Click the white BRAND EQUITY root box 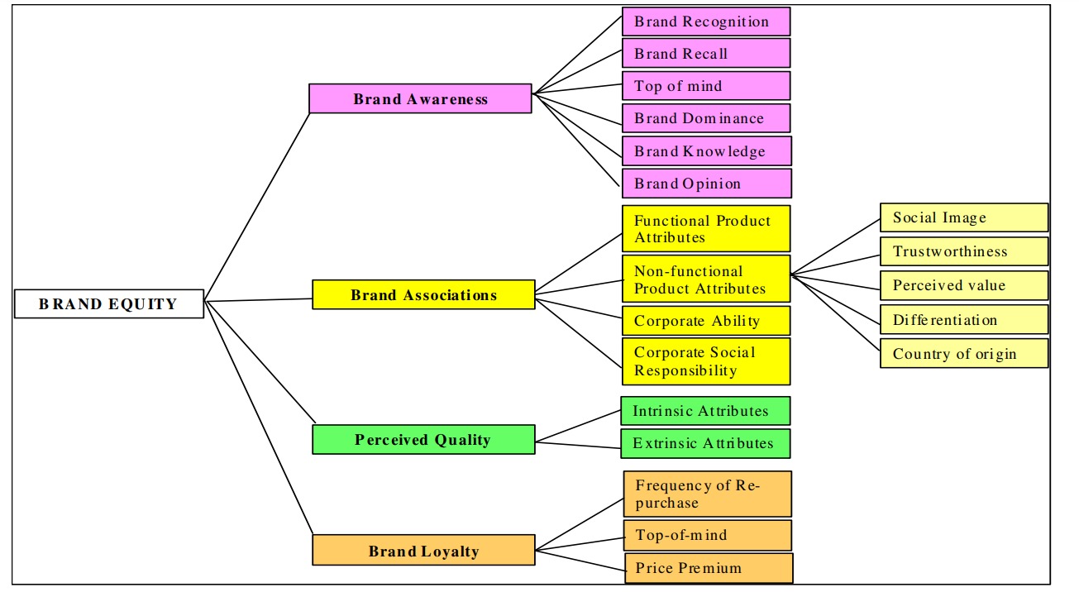[109, 303]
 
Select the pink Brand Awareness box [420, 98]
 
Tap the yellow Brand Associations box [423, 294]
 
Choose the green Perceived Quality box [423, 439]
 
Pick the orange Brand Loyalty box [423, 551]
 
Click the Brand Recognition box [706, 21]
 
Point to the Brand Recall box [706, 53]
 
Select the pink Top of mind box [706, 85]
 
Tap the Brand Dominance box [706, 118]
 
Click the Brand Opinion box [706, 183]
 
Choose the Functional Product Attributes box [706, 229]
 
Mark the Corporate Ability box [706, 320]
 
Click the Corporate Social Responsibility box [706, 361]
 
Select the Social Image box [964, 217]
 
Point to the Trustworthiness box [964, 251]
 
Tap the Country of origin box [964, 353]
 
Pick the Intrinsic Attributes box [705, 411]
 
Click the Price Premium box [709, 568]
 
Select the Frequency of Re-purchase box [708, 494]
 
